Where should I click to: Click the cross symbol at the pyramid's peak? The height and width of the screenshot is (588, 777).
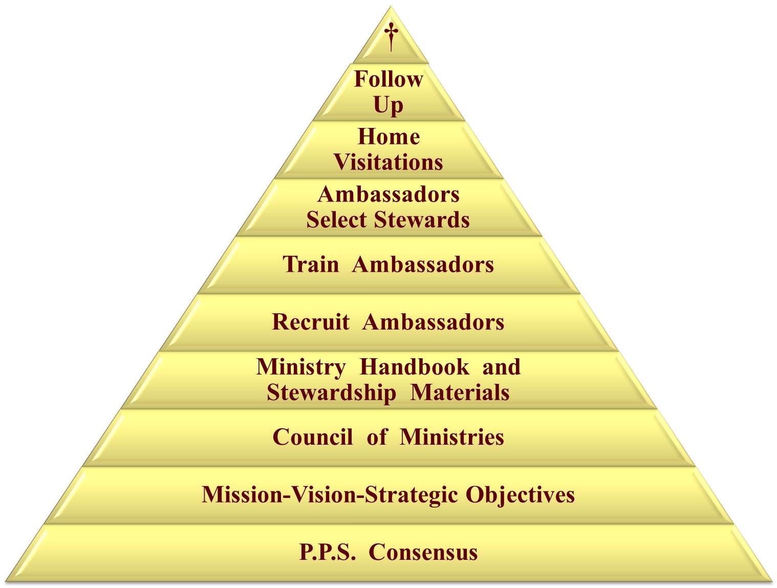point(391,37)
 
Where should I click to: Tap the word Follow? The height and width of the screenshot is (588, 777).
point(389,79)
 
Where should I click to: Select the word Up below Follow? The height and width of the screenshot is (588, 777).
point(389,105)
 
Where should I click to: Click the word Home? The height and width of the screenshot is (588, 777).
point(389,137)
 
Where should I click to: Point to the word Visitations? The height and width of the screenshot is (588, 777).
point(389,162)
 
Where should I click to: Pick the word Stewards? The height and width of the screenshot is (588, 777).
point(422,220)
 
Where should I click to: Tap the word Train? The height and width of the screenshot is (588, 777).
point(311,264)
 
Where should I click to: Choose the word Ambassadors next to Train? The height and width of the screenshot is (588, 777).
point(423,264)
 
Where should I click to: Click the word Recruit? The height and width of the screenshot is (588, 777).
point(311,322)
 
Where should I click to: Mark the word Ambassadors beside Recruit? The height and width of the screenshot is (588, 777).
point(433,322)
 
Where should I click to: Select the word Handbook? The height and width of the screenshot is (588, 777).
point(415,367)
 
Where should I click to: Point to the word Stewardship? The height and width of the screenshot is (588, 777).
point(331,393)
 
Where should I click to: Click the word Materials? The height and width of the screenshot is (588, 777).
point(460,393)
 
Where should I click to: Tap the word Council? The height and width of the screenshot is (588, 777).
point(313,437)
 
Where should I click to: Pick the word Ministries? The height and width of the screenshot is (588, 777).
point(451,437)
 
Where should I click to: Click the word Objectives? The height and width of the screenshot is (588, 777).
point(520,494)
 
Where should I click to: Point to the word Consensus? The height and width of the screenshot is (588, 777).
point(423,552)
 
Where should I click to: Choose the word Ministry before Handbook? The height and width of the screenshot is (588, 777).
point(301,367)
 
